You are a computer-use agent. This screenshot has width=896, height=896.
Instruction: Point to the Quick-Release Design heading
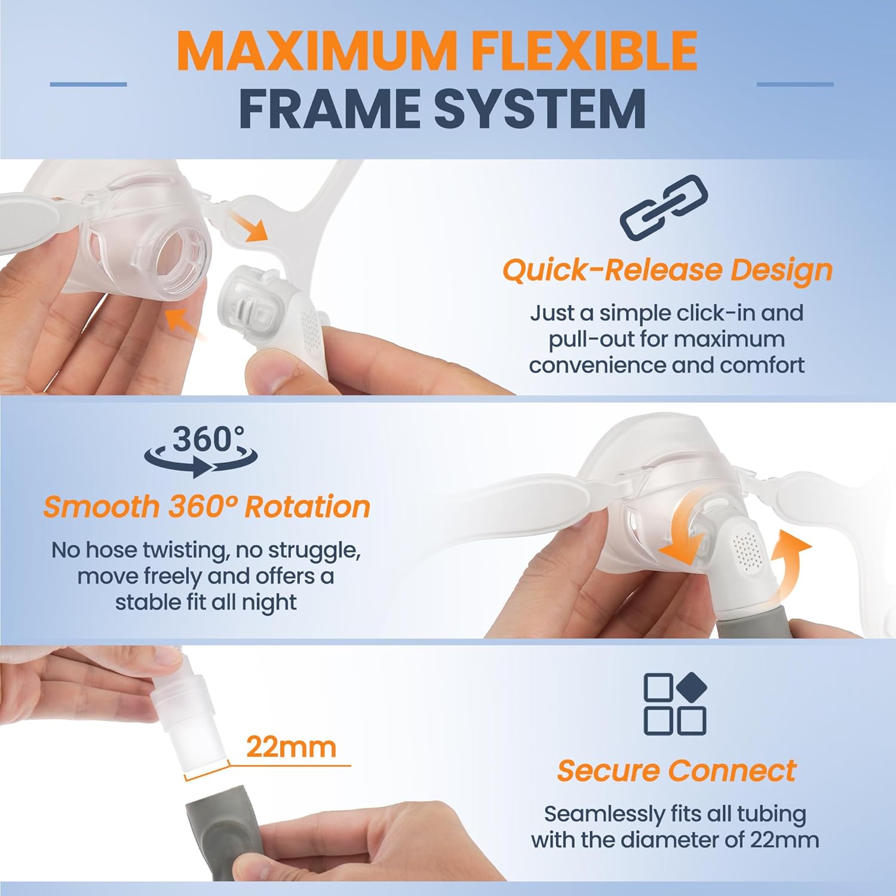point(667,270)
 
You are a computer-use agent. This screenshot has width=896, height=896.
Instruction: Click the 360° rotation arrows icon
point(201,452)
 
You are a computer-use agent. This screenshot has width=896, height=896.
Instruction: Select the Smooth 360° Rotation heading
point(207,507)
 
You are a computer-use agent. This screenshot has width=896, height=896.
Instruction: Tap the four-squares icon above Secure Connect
point(675,704)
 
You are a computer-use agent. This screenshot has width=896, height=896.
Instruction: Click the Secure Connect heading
point(676,771)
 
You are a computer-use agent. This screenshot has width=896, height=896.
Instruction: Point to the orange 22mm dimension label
point(291,747)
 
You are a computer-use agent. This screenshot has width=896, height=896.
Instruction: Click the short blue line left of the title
point(88,84)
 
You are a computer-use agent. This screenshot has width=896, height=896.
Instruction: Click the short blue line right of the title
point(794,84)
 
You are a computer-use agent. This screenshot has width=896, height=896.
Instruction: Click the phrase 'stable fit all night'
point(206,602)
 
